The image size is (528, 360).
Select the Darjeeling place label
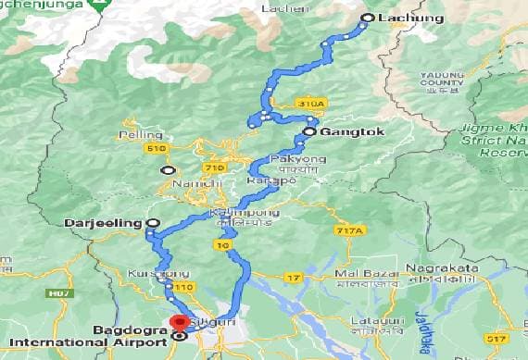(x=105, y=223)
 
